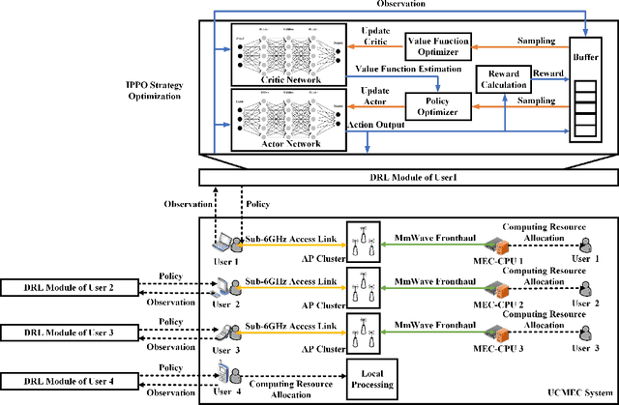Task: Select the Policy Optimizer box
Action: click(434, 105)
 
